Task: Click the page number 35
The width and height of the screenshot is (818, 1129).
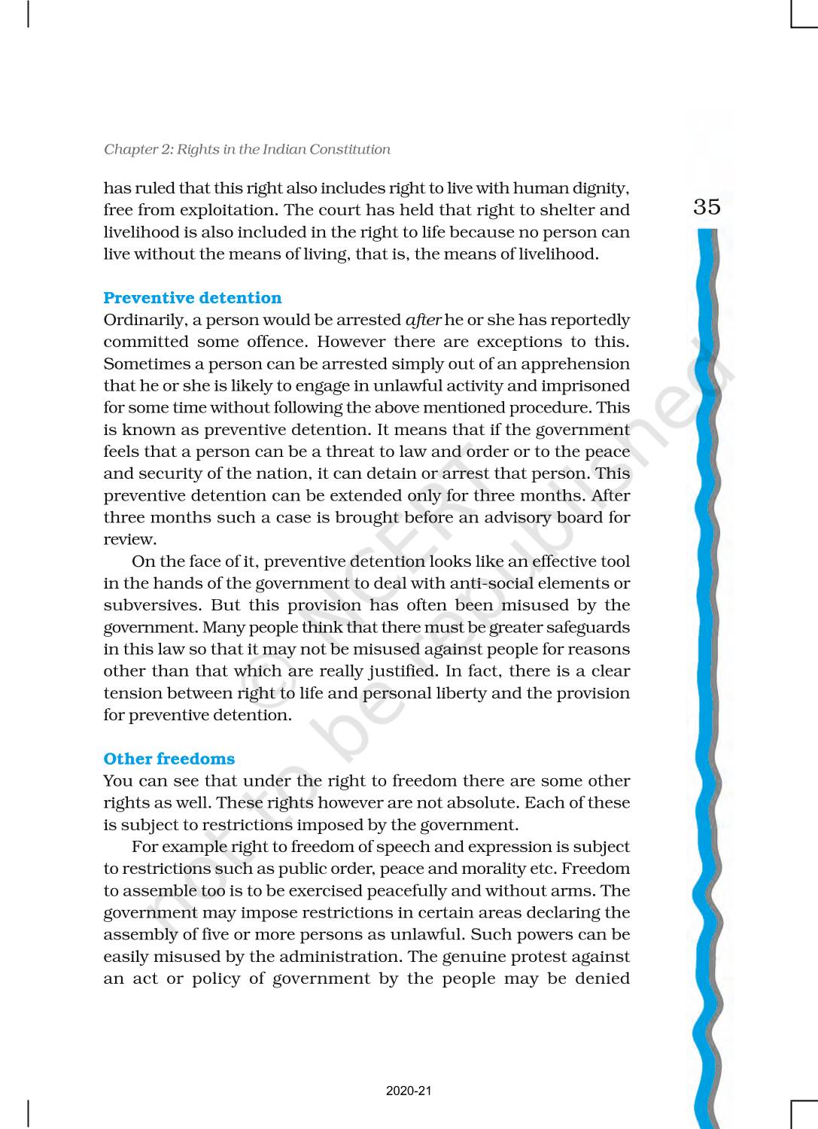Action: [x=707, y=206]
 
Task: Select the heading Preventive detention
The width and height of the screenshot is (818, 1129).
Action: [x=193, y=298]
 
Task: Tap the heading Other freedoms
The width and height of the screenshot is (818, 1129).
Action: [x=169, y=759]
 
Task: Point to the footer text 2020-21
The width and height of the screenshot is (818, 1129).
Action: [x=409, y=1091]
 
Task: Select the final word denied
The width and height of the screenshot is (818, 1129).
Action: [x=603, y=978]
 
